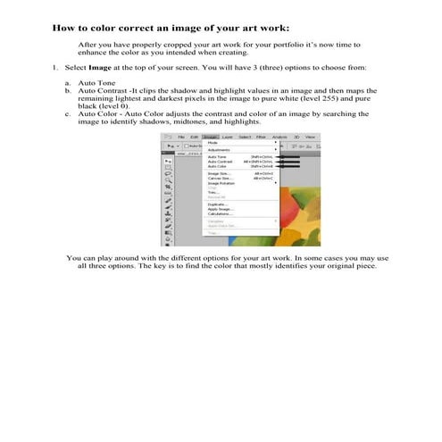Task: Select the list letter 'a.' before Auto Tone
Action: point(68,82)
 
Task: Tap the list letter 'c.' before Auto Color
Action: point(68,114)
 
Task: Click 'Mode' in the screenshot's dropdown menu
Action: point(213,142)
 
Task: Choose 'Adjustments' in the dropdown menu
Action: point(219,149)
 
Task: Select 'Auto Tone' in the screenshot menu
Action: point(217,156)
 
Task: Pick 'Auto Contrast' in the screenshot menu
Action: point(220,162)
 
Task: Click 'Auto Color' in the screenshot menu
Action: point(217,166)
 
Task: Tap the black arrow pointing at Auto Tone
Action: point(288,156)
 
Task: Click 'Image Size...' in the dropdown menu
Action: point(218,173)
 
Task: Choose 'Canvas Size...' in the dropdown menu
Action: point(220,179)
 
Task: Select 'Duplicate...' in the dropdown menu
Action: point(218,204)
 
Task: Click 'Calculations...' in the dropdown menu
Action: point(220,214)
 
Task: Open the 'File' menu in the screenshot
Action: point(180,136)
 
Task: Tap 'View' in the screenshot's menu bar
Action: point(309,136)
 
